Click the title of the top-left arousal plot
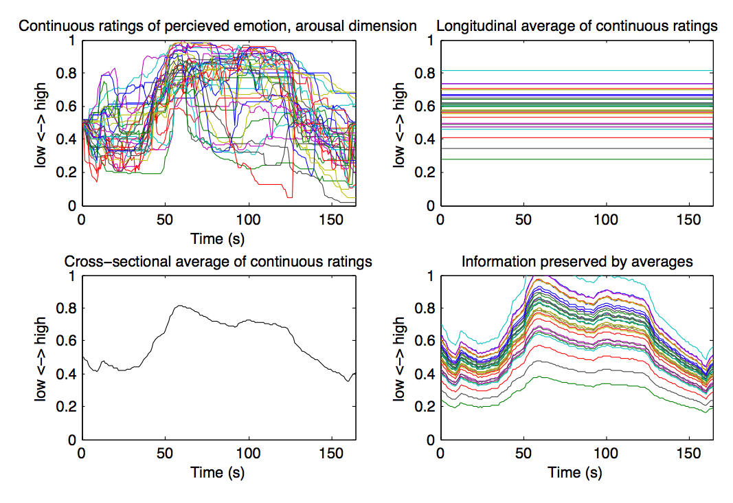tap(217, 26)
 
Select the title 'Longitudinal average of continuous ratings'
tap(577, 26)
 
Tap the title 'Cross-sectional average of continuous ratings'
tap(218, 261)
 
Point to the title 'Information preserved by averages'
tap(577, 261)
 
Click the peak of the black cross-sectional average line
tap(179, 306)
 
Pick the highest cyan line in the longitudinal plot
tap(577, 70)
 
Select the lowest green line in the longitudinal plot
tap(577, 159)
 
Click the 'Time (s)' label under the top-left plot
tap(217, 238)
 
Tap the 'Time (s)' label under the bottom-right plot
tap(576, 473)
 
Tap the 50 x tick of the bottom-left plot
tap(165, 455)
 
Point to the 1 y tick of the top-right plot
tap(431, 41)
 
